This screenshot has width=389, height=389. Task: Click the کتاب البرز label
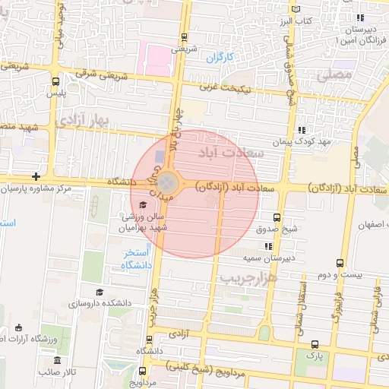(297, 20)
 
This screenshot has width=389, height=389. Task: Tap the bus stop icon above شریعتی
(185, 37)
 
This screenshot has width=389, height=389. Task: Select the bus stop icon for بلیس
(55, 82)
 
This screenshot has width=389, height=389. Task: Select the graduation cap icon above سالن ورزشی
(143, 204)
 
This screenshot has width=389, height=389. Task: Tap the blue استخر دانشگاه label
(138, 258)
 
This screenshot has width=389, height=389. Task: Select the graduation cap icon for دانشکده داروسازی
(99, 293)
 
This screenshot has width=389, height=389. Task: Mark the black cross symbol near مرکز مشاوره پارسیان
(36, 176)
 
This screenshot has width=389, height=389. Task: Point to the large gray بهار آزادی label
(86, 121)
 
